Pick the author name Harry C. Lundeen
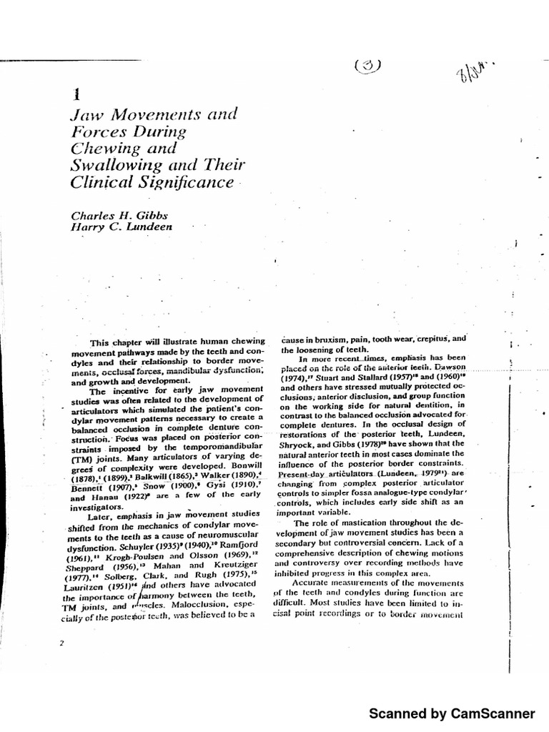[x=122, y=229]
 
